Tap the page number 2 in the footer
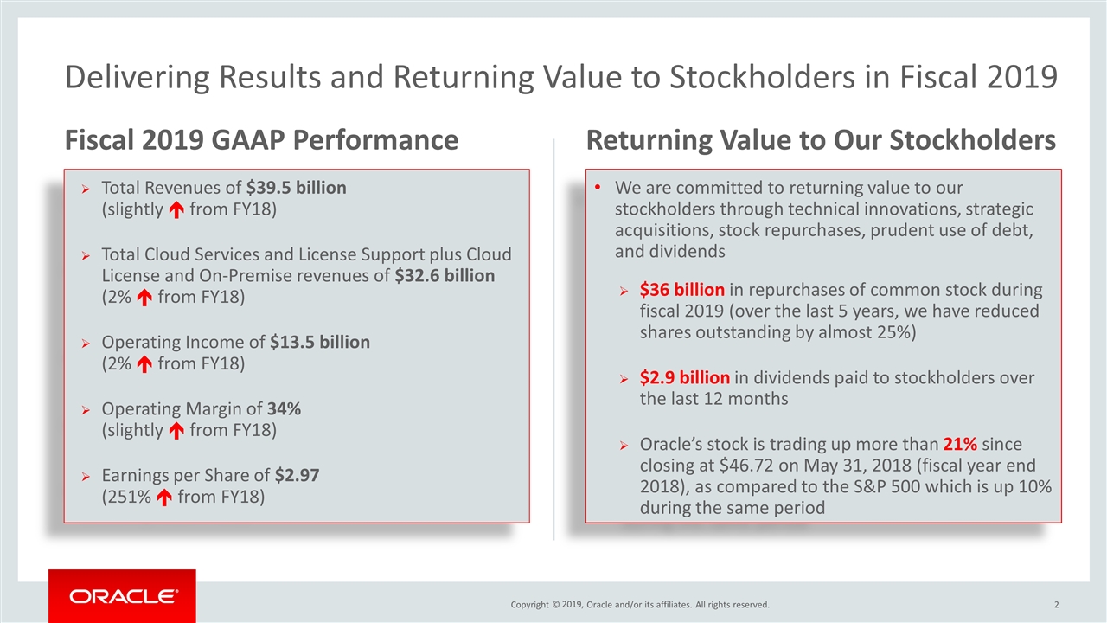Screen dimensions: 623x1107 (x=1057, y=604)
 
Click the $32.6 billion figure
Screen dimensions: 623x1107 (x=445, y=276)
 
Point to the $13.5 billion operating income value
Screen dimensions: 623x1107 (x=320, y=342)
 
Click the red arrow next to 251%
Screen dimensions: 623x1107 (x=163, y=498)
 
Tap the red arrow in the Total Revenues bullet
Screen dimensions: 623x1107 (x=175, y=211)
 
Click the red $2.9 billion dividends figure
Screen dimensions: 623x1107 (x=685, y=378)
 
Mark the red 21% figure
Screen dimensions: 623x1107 (x=960, y=445)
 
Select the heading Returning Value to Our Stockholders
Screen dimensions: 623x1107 (x=821, y=140)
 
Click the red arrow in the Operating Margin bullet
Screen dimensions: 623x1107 (x=175, y=430)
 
